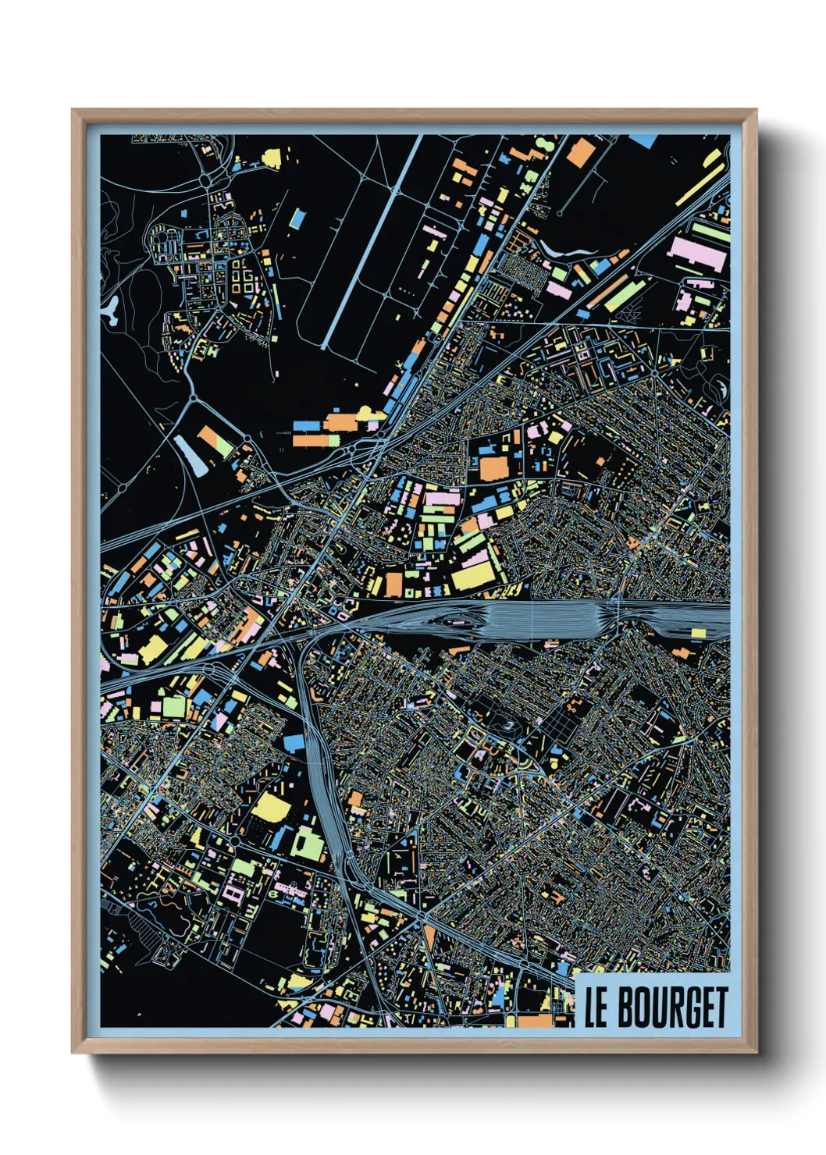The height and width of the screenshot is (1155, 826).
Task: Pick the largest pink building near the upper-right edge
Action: coord(697,254)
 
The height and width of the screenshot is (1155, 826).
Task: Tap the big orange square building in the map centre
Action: coord(493,468)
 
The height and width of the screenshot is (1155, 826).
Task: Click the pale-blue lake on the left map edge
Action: coord(110,310)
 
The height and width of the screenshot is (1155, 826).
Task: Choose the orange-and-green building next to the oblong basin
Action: coord(215,441)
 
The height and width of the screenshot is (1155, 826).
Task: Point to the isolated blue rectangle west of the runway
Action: coord(297,218)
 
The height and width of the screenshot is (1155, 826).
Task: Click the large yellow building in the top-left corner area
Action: coord(272,159)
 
